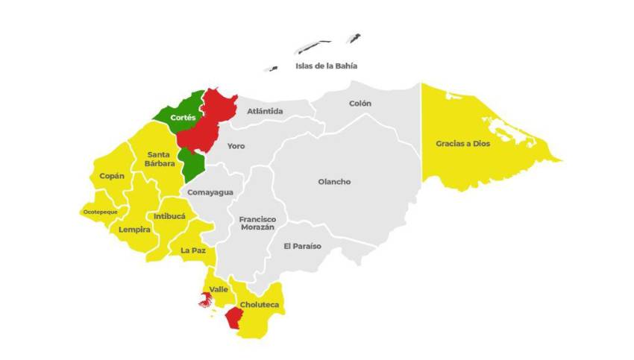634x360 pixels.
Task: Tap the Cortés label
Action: pyautogui.click(x=183, y=118)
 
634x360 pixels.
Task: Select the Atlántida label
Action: pyautogui.click(x=265, y=111)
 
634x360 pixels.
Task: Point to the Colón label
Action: pyautogui.click(x=360, y=104)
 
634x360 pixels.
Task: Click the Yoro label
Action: pyautogui.click(x=236, y=146)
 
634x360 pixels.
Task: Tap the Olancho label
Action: pyautogui.click(x=334, y=182)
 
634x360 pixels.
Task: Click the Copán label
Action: pyautogui.click(x=112, y=177)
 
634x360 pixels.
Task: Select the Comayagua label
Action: pyautogui.click(x=210, y=192)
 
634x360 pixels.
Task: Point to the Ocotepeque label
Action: pyautogui.click(x=100, y=212)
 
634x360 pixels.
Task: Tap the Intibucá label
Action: pyautogui.click(x=169, y=216)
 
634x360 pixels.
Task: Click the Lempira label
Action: pyautogui.click(x=134, y=230)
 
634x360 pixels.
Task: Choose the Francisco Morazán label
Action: pyautogui.click(x=257, y=223)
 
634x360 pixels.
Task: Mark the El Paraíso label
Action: pyautogui.click(x=301, y=246)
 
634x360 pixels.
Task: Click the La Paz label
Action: pyautogui.click(x=194, y=250)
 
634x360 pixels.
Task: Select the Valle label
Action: pyautogui.click(x=219, y=289)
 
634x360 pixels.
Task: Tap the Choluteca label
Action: pyautogui.click(x=259, y=305)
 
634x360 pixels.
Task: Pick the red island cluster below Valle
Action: pyautogui.click(x=204, y=300)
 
